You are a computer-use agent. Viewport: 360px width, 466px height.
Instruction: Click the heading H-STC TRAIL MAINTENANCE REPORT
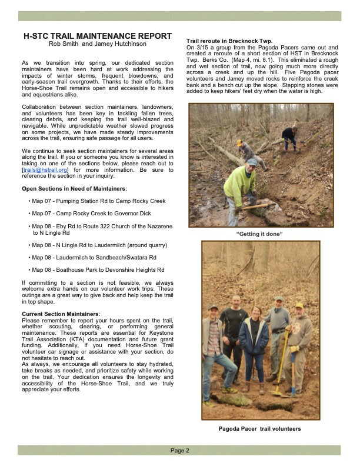(x=96, y=36)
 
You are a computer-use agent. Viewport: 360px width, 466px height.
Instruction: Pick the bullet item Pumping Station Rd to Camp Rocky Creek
(x=99, y=201)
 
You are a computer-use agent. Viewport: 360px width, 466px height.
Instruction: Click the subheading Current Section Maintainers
(x=61, y=314)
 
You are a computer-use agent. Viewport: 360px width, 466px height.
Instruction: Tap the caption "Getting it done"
(x=259, y=234)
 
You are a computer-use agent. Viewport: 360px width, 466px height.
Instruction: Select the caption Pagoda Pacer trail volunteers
(x=259, y=429)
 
